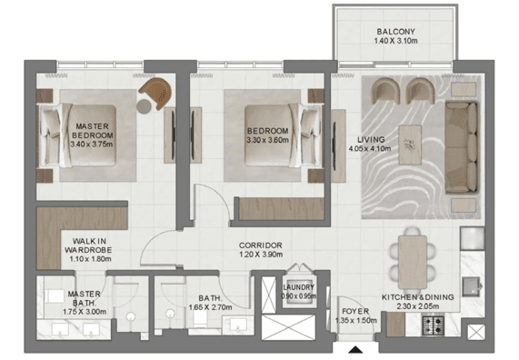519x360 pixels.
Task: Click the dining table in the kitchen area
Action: (x=412, y=260)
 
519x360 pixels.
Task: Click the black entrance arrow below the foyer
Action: (x=354, y=350)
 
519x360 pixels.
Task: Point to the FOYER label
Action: (x=354, y=310)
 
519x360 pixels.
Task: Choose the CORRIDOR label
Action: (x=261, y=246)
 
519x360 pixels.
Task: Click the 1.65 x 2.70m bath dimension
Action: (x=222, y=308)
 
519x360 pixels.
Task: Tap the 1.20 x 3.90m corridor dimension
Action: (x=261, y=257)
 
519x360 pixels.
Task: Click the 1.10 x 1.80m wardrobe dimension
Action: (x=89, y=258)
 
